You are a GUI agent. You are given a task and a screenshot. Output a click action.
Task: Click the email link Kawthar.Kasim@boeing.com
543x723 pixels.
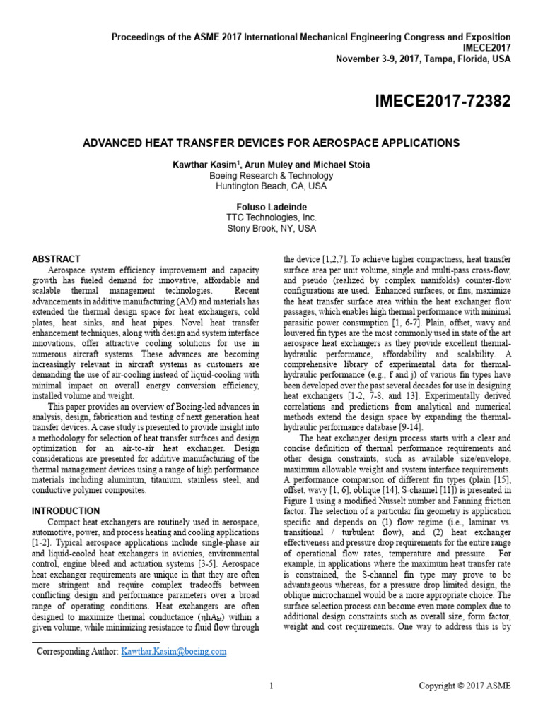[x=173, y=652]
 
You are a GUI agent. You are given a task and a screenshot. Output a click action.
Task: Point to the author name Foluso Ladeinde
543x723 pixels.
[x=271, y=207]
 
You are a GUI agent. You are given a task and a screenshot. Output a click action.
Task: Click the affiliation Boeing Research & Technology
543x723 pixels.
[x=271, y=176]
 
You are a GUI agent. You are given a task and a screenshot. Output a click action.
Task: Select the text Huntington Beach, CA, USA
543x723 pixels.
[x=271, y=186]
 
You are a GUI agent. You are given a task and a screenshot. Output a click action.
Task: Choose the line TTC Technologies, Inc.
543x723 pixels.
[x=271, y=217]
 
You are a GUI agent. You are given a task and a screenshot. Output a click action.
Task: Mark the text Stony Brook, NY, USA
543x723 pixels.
[x=271, y=228]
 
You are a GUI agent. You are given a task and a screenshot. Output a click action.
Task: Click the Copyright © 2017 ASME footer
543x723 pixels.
[x=464, y=686]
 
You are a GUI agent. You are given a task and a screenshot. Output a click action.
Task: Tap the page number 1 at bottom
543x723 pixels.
[x=271, y=686]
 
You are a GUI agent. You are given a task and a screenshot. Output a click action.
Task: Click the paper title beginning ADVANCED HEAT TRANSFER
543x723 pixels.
[x=271, y=143]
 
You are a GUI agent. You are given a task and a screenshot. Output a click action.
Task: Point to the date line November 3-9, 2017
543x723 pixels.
[x=423, y=59]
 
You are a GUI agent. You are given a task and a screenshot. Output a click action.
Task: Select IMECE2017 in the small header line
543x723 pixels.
[x=486, y=47]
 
